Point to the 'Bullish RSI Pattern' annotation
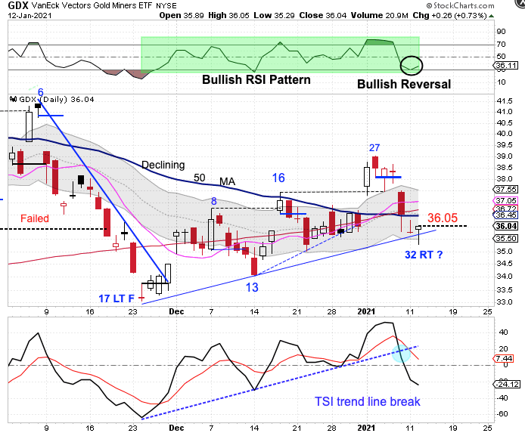(x=256, y=79)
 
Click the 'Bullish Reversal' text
(x=403, y=84)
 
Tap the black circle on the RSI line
(x=411, y=66)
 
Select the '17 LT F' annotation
(x=118, y=297)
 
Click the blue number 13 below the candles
(x=252, y=286)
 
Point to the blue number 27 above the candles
(x=374, y=147)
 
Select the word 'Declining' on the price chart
(x=163, y=165)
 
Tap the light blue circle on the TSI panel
(x=401, y=351)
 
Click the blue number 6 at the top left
(x=41, y=91)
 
